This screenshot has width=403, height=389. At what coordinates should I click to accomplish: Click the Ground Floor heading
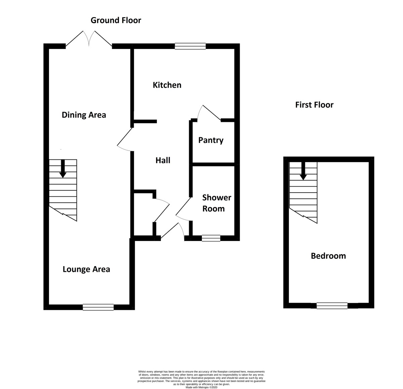pos(116,20)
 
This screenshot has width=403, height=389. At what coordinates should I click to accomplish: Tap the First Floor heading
pos(314,105)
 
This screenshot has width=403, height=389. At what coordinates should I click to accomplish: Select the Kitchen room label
pos(167,85)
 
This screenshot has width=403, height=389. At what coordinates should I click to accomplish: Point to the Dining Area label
pos(84,115)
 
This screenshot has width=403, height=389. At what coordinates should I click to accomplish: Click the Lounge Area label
pos(86,269)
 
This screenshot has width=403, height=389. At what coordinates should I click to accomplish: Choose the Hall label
pos(163,160)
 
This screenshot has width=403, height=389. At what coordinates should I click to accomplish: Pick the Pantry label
pos(211,140)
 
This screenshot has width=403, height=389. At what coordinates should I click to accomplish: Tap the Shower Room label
pos(217,203)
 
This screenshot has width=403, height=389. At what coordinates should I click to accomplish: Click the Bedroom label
pos(328,256)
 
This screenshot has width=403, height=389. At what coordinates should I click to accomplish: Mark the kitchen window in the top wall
pos(190,46)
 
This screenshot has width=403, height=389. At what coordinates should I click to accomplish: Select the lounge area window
pos(98,307)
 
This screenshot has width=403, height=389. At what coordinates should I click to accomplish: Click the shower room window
pos(211,238)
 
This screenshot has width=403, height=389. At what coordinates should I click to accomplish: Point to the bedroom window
pos(332,306)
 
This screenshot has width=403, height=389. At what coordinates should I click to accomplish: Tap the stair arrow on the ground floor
pos(63,168)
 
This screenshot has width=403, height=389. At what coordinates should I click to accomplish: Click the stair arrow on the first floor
pos(303,171)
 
